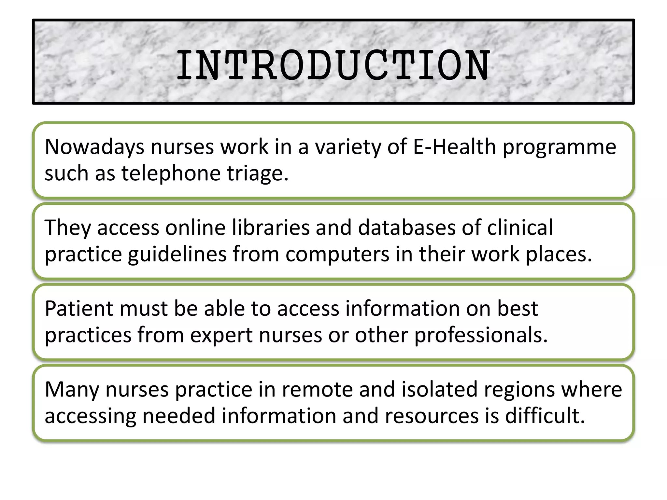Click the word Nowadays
coord(94,147)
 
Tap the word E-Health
coord(454,147)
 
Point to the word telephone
coord(171,174)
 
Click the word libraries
coord(271,228)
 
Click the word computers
coord(337,255)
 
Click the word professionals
coord(481,335)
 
